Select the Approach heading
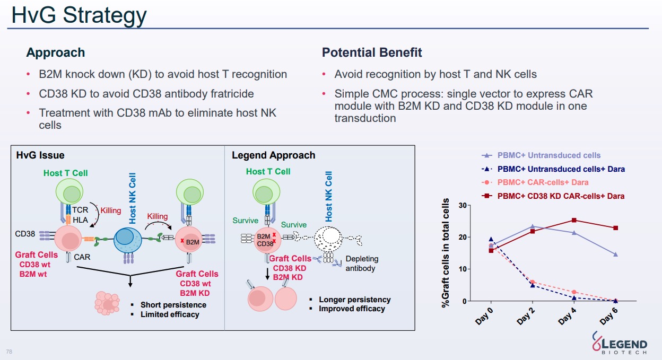tap(56, 52)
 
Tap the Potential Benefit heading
tap(372, 52)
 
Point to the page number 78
tap(8, 352)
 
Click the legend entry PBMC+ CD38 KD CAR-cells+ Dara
tap(561, 196)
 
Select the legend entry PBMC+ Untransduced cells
tap(548, 155)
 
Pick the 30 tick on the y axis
tap(463, 205)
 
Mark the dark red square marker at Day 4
tap(574, 220)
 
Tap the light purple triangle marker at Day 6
tap(615, 254)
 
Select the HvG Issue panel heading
tap(40, 155)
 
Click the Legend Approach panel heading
tap(273, 155)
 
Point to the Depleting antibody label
tap(362, 264)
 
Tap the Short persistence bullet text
tap(173, 305)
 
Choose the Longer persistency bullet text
tap(354, 300)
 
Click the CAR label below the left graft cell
tap(82, 257)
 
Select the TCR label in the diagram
tap(80, 210)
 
